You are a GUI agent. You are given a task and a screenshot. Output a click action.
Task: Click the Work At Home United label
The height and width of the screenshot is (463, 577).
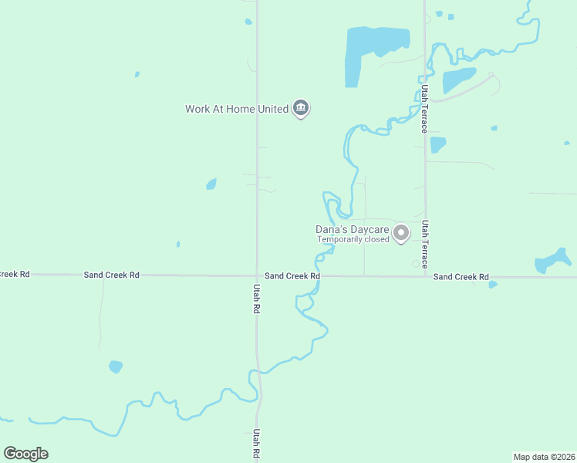point(236,109)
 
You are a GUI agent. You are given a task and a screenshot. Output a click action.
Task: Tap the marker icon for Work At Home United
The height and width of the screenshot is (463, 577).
point(301,108)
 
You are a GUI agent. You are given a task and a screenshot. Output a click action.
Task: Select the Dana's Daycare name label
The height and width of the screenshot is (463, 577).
point(352,229)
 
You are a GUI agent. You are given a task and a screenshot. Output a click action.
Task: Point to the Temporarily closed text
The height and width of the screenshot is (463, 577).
point(353,239)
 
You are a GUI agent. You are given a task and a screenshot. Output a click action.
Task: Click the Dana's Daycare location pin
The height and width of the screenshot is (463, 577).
point(401,232)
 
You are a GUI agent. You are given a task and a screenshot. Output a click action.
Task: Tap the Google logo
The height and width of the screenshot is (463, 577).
point(25,454)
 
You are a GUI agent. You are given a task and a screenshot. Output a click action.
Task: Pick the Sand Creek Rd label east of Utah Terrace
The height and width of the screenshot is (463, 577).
point(461,276)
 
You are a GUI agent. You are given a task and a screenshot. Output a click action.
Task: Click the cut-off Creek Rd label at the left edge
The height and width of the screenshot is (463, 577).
point(14,274)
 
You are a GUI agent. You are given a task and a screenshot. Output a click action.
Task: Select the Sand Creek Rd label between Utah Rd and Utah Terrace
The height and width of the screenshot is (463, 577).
point(292,275)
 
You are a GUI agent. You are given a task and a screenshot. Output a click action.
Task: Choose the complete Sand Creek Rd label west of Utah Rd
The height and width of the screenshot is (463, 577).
point(112,275)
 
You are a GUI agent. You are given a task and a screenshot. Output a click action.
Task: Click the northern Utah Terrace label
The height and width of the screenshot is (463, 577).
point(423,109)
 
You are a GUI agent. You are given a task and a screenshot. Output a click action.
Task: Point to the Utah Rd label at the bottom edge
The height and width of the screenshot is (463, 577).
point(256,446)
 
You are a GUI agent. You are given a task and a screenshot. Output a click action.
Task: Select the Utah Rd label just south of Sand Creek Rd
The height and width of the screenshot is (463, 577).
point(256,298)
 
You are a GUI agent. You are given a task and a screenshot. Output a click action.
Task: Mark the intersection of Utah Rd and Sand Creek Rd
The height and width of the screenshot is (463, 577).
point(257,275)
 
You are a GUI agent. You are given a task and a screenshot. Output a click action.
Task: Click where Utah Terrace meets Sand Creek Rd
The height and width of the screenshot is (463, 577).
point(425,276)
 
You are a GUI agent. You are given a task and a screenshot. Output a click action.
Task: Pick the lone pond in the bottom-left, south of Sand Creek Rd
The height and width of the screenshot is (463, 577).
point(116,367)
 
